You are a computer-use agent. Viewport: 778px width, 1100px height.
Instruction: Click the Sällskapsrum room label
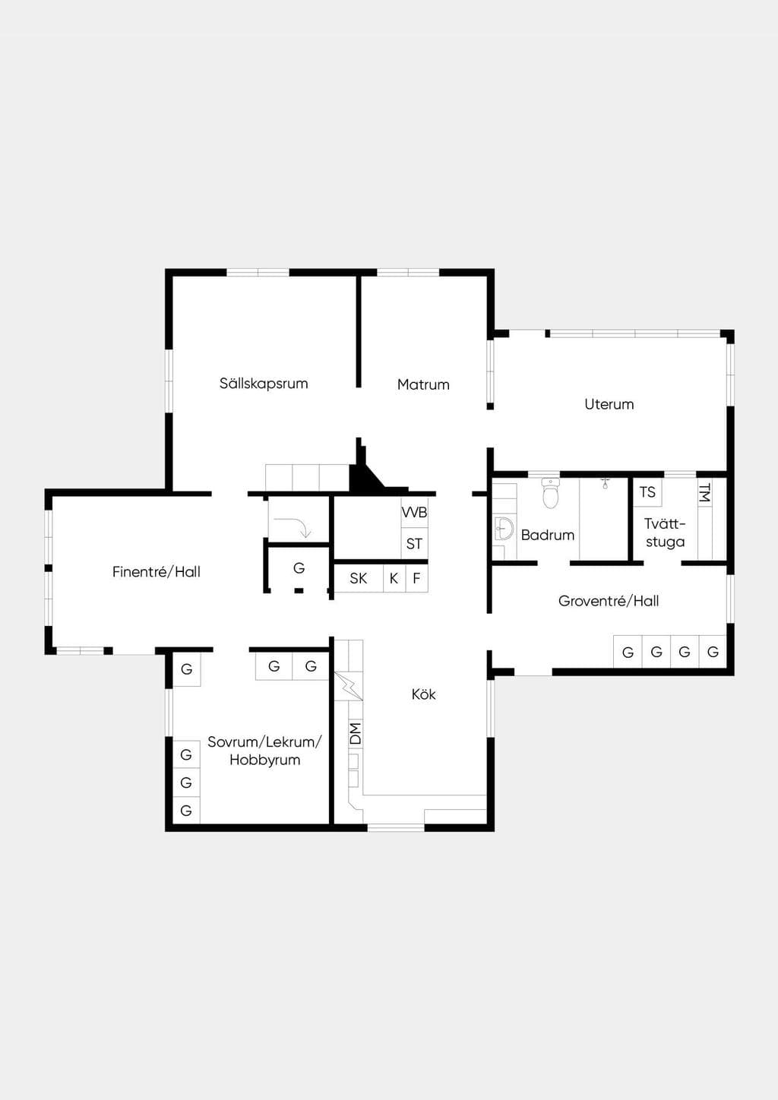[264, 384]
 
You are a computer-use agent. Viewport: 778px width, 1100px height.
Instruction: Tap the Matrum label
[423, 384]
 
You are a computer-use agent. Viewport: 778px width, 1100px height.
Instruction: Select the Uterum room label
[609, 404]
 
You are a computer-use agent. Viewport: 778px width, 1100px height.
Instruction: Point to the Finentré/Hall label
[157, 571]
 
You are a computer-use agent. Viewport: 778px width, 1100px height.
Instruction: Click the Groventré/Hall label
[609, 601]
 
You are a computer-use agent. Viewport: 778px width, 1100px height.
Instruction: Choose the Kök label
[423, 694]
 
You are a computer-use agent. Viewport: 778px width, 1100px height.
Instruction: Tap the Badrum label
[548, 535]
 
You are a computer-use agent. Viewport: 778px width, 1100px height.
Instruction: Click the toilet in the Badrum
[551, 493]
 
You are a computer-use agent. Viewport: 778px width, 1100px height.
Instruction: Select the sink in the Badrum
[503, 529]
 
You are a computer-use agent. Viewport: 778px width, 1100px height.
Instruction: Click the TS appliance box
[647, 492]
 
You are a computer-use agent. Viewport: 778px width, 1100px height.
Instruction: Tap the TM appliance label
[705, 492]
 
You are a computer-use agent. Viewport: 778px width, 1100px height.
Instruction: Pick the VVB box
[415, 513]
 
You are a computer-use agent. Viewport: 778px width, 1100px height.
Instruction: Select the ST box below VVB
[415, 544]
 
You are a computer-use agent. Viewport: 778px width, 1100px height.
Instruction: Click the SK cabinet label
[358, 578]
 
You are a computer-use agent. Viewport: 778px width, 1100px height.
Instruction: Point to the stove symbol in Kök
[349, 686]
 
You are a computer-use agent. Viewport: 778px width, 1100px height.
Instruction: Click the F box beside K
[416, 578]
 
